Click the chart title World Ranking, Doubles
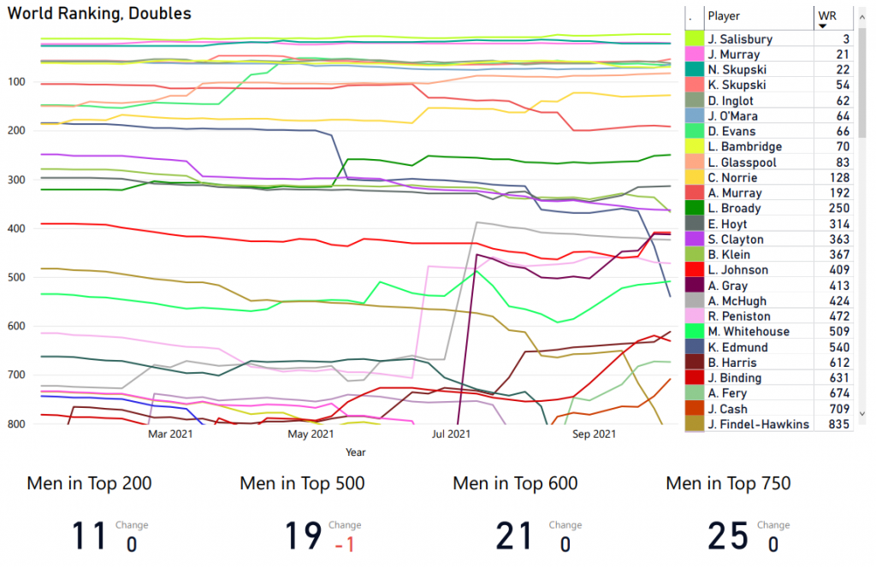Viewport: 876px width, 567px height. point(99,14)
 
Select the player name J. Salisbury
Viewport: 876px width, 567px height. point(740,38)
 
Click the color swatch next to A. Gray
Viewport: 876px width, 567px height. point(693,286)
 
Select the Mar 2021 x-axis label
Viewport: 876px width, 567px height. point(169,434)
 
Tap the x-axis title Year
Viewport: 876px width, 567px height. point(356,452)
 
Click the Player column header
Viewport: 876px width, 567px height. point(724,15)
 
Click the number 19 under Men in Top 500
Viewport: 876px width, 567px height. point(302,536)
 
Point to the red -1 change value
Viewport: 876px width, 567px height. point(346,545)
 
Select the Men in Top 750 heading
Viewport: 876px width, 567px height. point(729,483)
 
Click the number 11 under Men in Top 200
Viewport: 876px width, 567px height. point(89,536)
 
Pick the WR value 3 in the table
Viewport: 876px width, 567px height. point(845,38)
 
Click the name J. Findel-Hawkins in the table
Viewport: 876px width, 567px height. point(758,424)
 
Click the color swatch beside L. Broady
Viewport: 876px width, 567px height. point(693,208)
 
